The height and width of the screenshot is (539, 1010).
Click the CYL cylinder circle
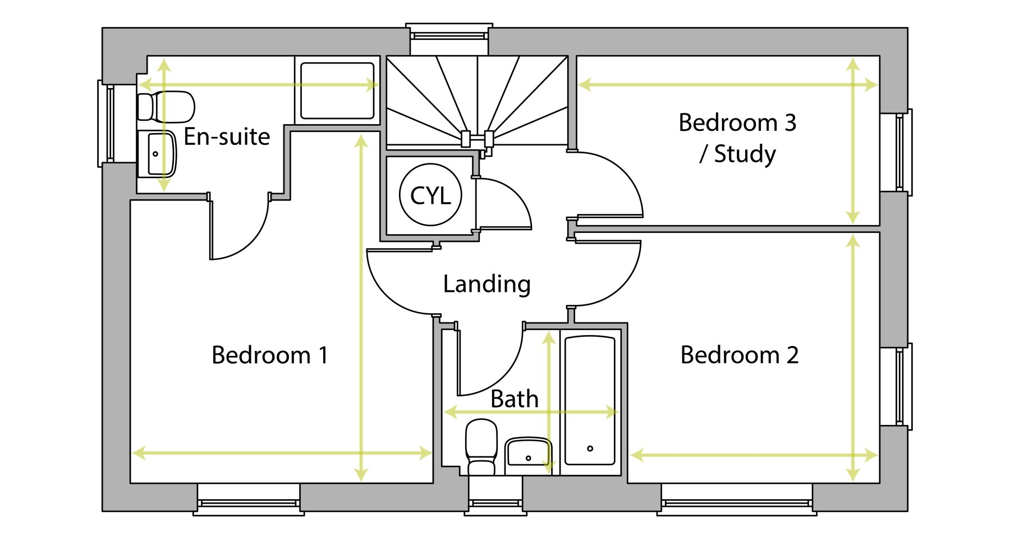point(430,195)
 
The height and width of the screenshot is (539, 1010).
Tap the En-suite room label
point(227,136)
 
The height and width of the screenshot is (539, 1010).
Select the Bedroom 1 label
point(269,355)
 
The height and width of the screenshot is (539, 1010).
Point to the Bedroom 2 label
point(739,355)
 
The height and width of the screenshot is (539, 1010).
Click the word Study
point(745,154)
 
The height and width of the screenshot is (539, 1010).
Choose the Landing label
point(486,284)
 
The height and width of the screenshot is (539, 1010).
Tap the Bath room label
point(514,399)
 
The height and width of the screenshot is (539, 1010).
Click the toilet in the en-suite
point(166,107)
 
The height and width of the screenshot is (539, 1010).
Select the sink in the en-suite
point(157,154)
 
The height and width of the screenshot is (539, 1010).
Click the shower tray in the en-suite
point(337,90)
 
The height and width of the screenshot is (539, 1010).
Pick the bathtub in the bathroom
point(590,400)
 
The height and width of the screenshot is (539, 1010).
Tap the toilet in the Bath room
point(481,447)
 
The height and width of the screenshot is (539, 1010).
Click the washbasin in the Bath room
point(528,452)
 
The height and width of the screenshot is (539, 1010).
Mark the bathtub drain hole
point(590,449)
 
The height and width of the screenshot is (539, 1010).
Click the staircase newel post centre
point(477,138)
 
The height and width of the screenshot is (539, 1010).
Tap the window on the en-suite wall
point(107,124)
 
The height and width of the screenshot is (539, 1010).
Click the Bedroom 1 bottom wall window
point(249,503)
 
